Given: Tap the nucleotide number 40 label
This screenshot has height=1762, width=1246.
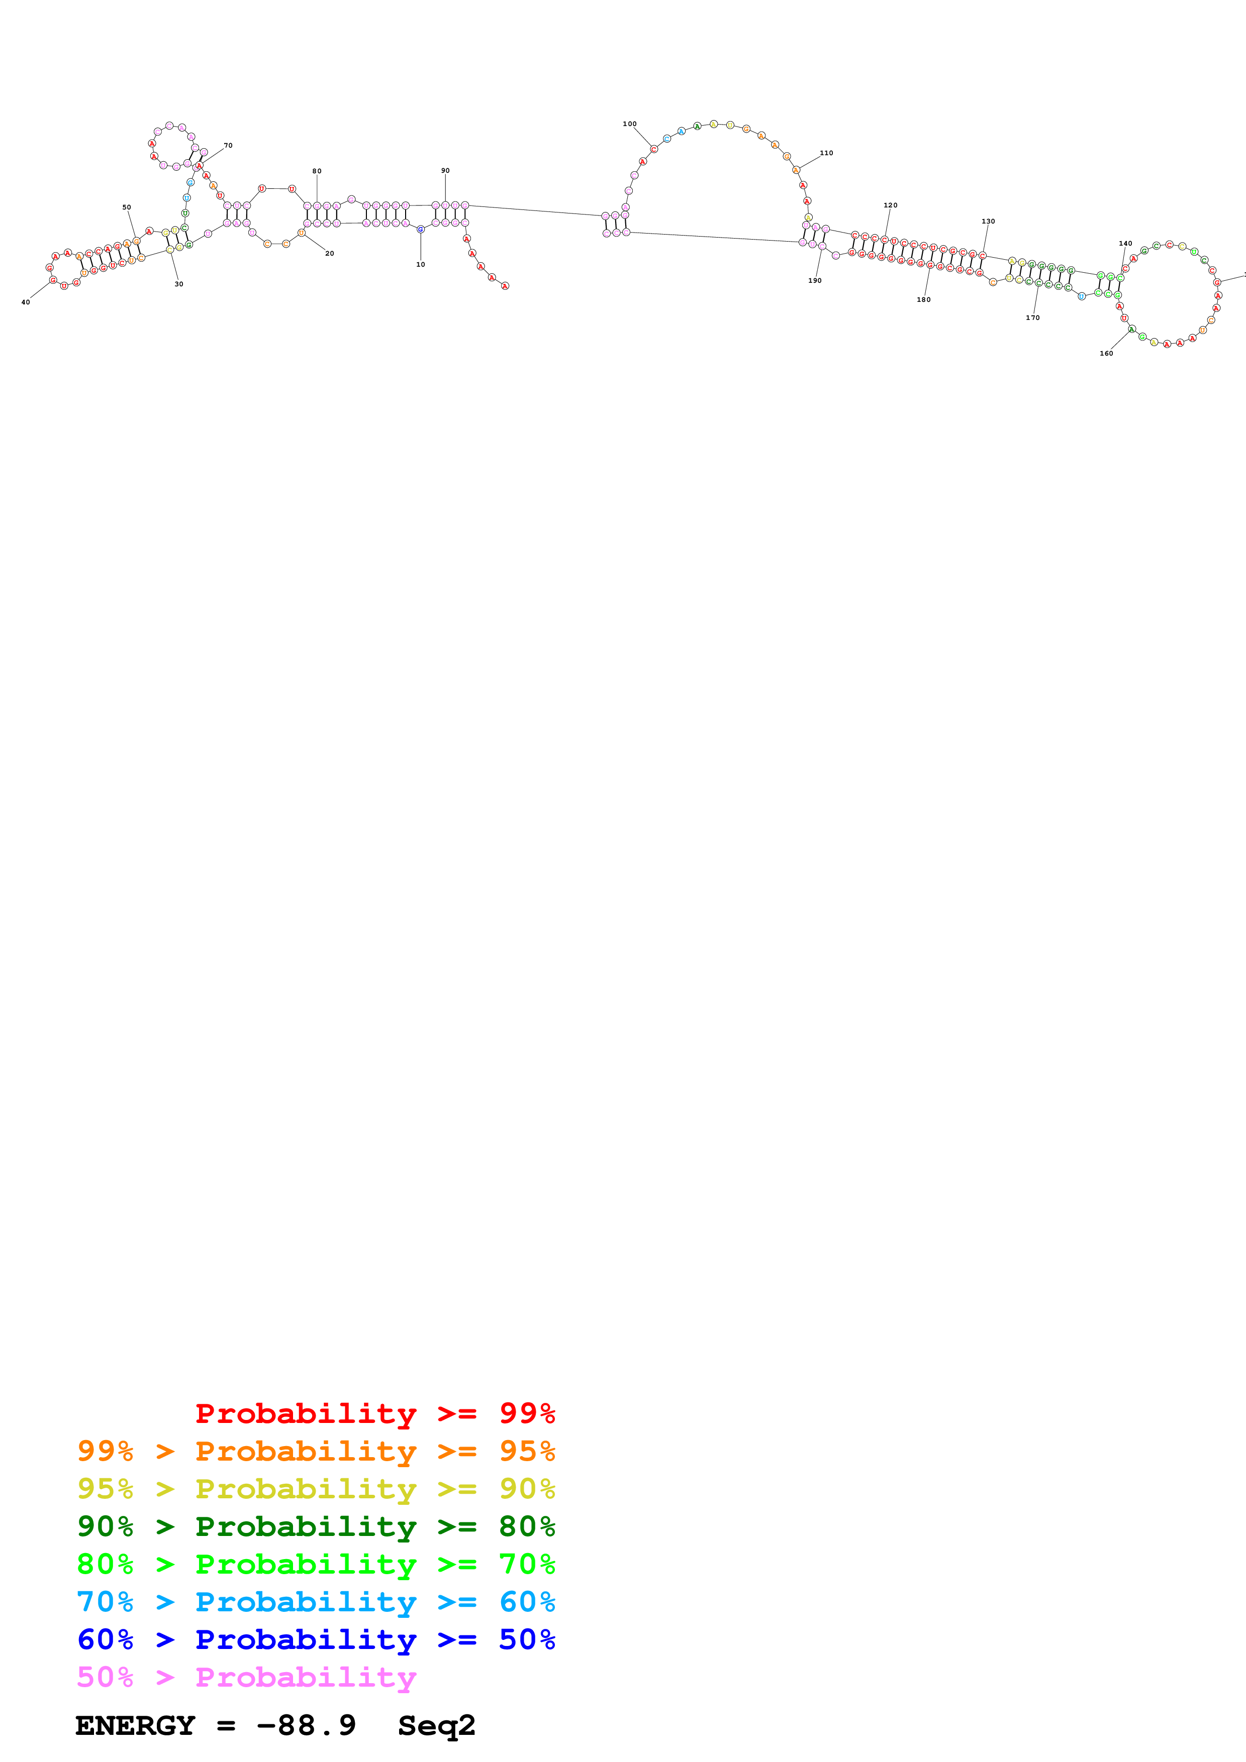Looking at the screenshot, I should coord(25,302).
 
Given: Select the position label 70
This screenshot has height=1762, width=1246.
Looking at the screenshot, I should coord(228,145).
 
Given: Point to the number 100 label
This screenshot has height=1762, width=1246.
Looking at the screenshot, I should coord(629,124).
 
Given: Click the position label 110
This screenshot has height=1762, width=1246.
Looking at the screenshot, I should coord(826,153).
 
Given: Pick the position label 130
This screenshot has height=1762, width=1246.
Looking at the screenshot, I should coord(988,221).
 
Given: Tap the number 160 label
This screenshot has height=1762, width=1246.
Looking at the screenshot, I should coord(1106,354).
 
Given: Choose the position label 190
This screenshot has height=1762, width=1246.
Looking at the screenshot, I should coord(815,281).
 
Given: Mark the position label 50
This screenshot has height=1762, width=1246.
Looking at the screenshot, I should coord(127,207).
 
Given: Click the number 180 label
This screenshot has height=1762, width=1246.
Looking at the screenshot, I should coord(923,300).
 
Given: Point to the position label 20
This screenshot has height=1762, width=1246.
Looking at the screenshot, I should coord(329,253).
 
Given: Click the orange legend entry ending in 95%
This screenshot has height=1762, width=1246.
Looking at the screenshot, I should coord(316,1451).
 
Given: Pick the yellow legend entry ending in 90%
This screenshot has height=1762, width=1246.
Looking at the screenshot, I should coord(316,1489).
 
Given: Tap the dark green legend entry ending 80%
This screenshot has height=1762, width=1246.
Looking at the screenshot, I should coord(316,1526).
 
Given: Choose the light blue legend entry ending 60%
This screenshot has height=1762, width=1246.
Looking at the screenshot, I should coord(316,1602).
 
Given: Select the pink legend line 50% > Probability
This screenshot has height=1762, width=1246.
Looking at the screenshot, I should coord(246,1677).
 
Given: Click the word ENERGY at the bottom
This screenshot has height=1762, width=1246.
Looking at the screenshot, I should coord(135,1726).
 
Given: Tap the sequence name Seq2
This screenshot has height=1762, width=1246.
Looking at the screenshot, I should coord(436,1726).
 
